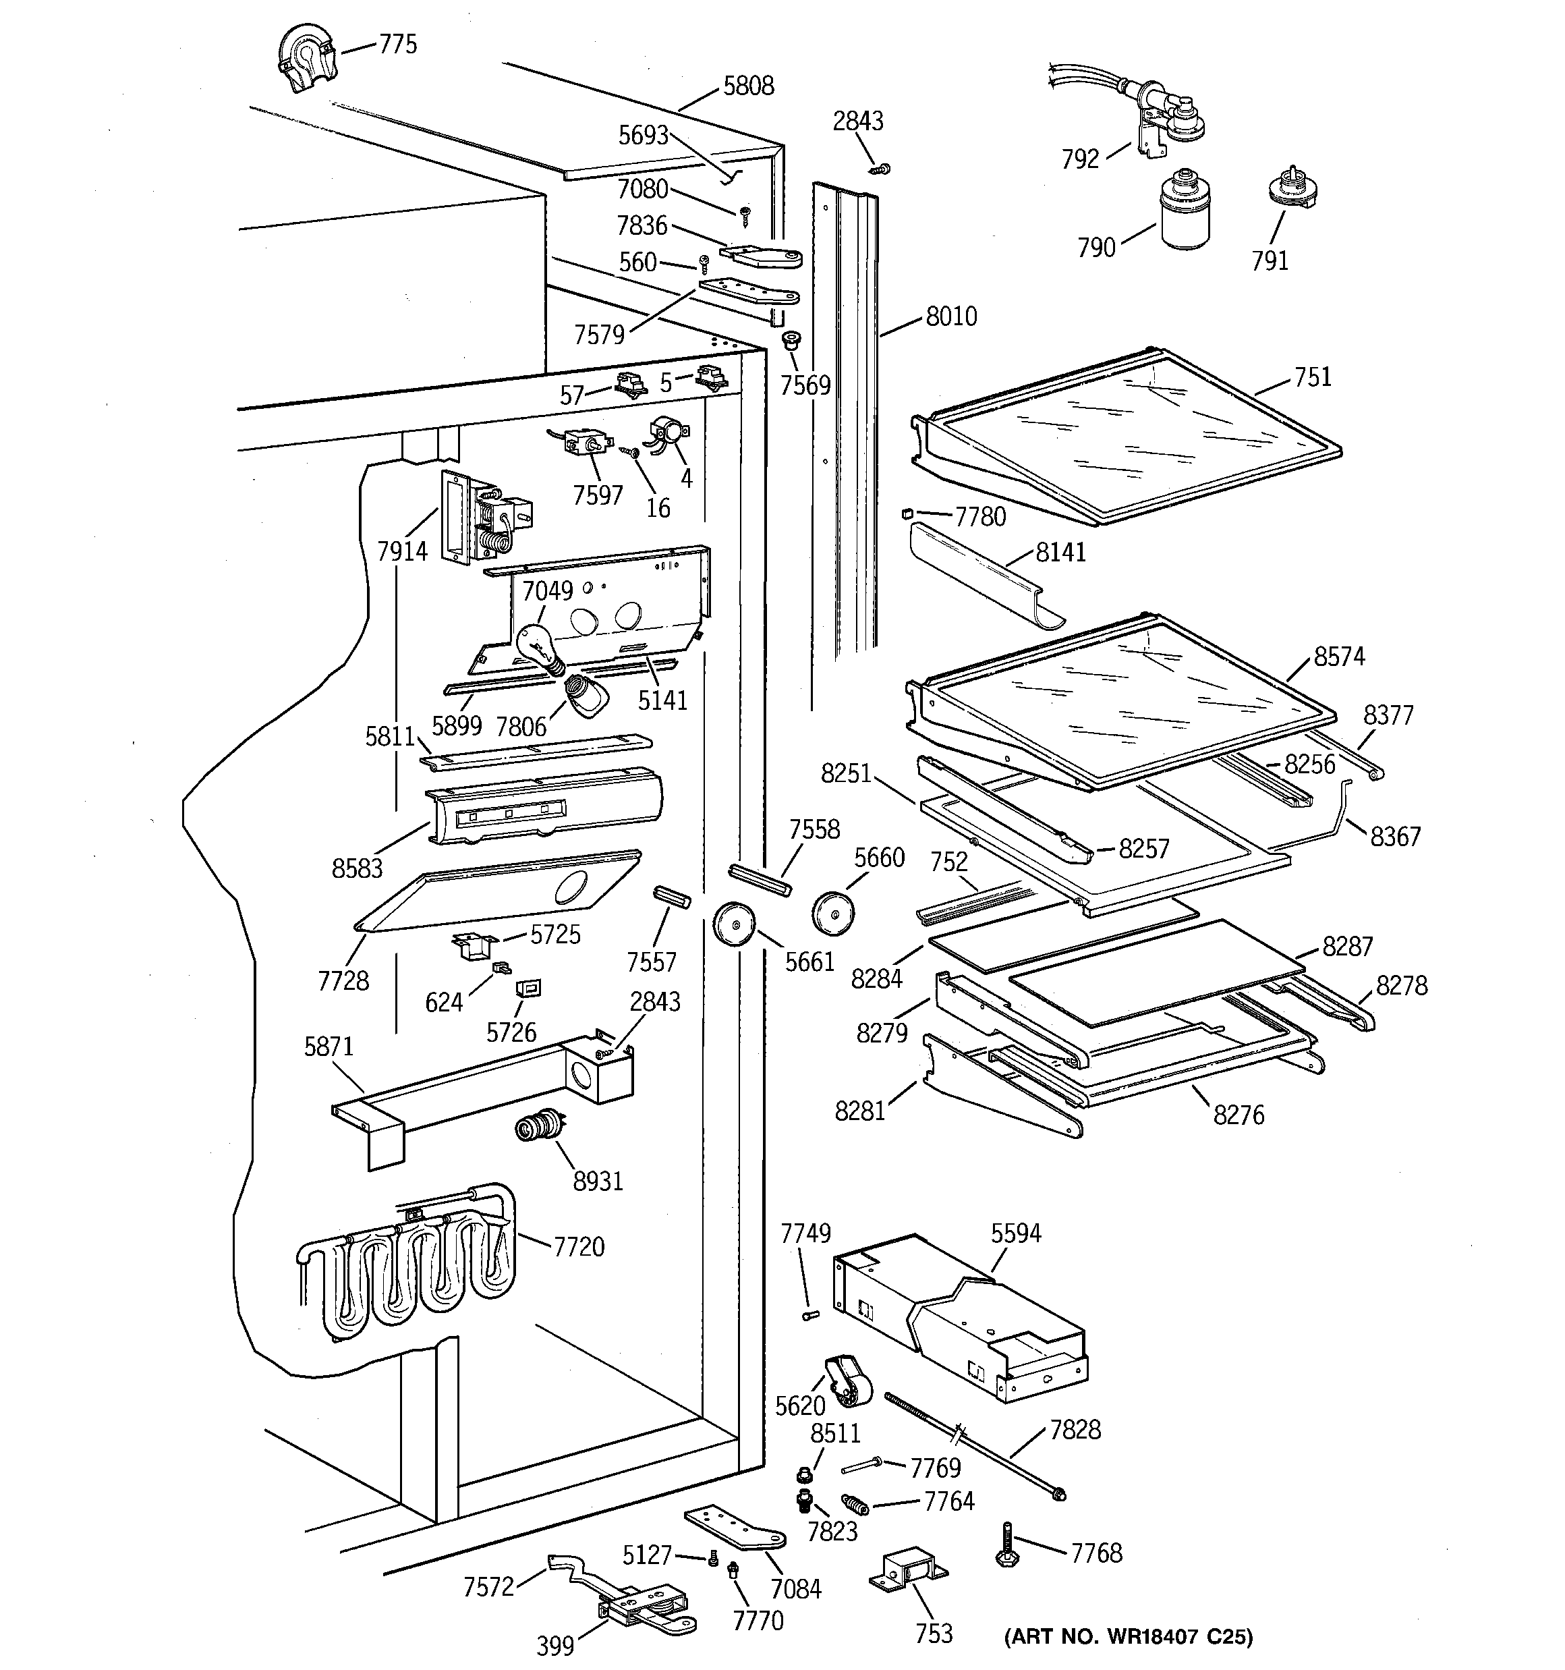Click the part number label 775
(x=397, y=45)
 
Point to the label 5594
(x=1016, y=1233)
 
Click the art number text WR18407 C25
(x=1128, y=1636)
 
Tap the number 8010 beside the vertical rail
(x=951, y=316)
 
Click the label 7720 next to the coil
(x=579, y=1247)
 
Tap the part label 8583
(x=357, y=868)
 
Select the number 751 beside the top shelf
(x=1312, y=377)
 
